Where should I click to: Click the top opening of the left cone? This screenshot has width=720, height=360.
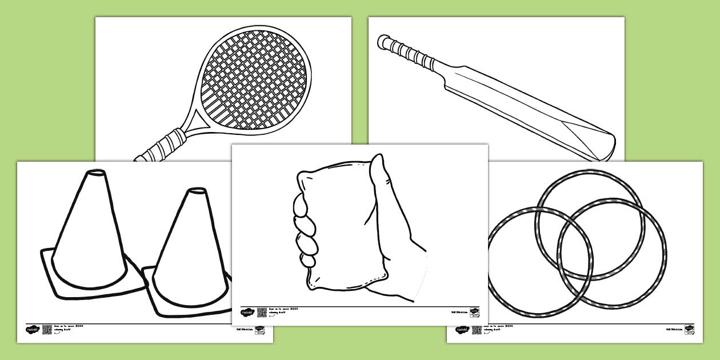[95, 174]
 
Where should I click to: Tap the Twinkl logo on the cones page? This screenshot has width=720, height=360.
[31, 329]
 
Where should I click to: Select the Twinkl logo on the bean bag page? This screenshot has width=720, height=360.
[246, 312]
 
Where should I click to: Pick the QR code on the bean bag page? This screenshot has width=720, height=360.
[262, 312]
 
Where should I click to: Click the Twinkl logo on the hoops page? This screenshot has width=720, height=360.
[461, 330]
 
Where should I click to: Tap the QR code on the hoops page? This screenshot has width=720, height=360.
[477, 330]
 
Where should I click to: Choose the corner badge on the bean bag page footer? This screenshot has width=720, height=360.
[474, 312]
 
